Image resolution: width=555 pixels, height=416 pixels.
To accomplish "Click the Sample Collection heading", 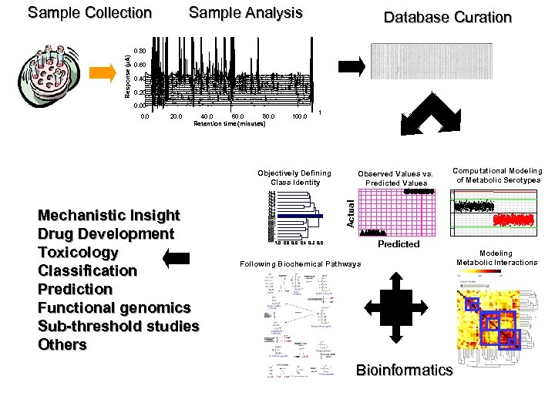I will point(89,13).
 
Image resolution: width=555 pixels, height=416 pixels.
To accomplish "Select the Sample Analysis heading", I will point(245,13).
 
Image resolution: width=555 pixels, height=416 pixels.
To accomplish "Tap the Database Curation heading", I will point(447,18).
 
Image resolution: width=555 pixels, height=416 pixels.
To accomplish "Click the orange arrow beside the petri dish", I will point(103,72).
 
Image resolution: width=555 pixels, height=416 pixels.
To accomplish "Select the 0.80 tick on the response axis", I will point(139,52).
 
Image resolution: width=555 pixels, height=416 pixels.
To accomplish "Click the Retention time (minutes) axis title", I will point(230,123).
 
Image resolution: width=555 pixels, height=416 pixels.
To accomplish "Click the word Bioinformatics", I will point(404,371).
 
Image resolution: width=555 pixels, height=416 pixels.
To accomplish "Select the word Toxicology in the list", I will point(79,253).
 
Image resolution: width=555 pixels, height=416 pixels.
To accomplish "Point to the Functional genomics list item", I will point(114,308).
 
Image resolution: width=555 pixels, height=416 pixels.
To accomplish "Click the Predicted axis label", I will point(399,244).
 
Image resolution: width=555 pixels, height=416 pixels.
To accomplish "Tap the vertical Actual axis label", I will point(350,212).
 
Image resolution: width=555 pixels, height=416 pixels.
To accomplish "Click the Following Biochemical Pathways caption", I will point(300,264).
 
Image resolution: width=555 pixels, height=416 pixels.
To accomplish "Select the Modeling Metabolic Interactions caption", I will point(496,258).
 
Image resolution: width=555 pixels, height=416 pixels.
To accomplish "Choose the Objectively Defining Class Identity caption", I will point(295,178).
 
